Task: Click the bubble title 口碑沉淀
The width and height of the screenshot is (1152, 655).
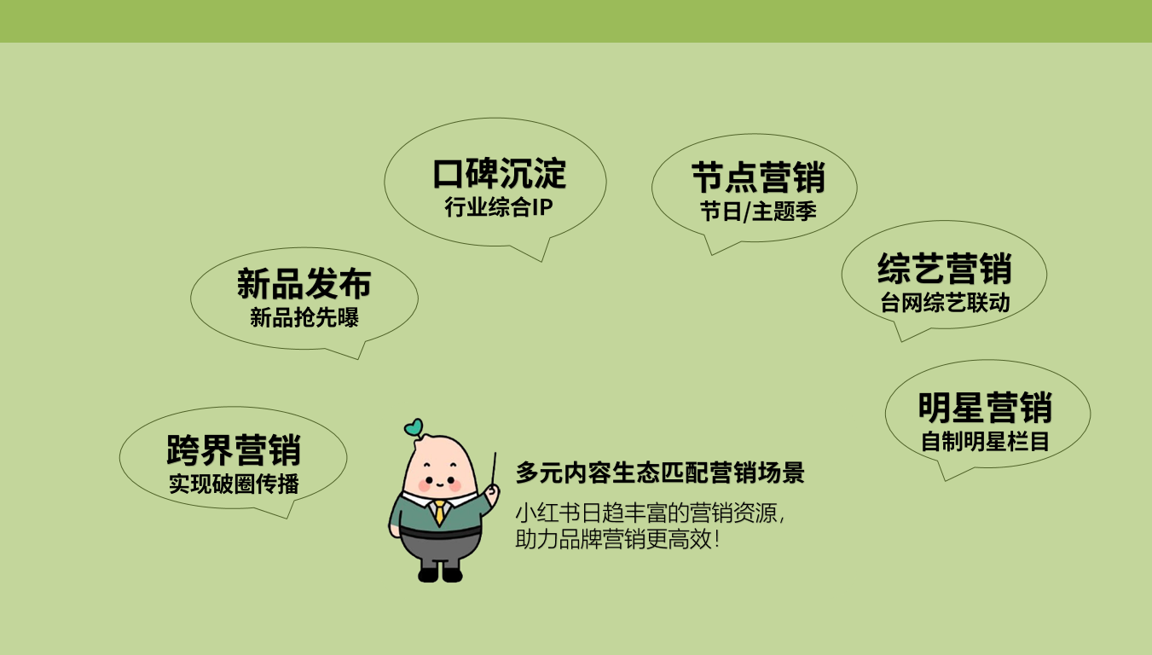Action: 499,174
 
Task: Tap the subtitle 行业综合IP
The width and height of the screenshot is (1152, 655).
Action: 498,207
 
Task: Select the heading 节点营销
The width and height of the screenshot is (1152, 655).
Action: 758,177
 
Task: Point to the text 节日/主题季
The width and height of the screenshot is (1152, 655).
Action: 758,212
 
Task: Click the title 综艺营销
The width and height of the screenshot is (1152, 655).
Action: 944,269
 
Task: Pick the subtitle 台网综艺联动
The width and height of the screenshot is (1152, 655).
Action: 945,303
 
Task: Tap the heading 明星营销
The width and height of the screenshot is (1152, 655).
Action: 985,408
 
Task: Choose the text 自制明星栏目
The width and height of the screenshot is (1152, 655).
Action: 985,442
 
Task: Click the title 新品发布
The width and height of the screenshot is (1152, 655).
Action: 304,283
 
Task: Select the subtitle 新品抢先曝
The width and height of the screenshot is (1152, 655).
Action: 304,317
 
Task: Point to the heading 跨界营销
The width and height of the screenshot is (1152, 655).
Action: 233,450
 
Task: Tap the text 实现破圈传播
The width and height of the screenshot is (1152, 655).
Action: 234,484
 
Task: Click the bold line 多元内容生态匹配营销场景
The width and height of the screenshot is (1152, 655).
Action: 660,472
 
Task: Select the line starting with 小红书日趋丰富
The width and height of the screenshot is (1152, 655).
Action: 650,513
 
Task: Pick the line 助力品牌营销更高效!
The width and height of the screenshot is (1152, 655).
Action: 617,539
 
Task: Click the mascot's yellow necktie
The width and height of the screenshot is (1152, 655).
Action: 440,513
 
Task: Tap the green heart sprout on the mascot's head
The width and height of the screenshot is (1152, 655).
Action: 414,427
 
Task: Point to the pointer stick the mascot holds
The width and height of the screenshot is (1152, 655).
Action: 493,469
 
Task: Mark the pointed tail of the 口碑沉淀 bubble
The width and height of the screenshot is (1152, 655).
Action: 541,261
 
